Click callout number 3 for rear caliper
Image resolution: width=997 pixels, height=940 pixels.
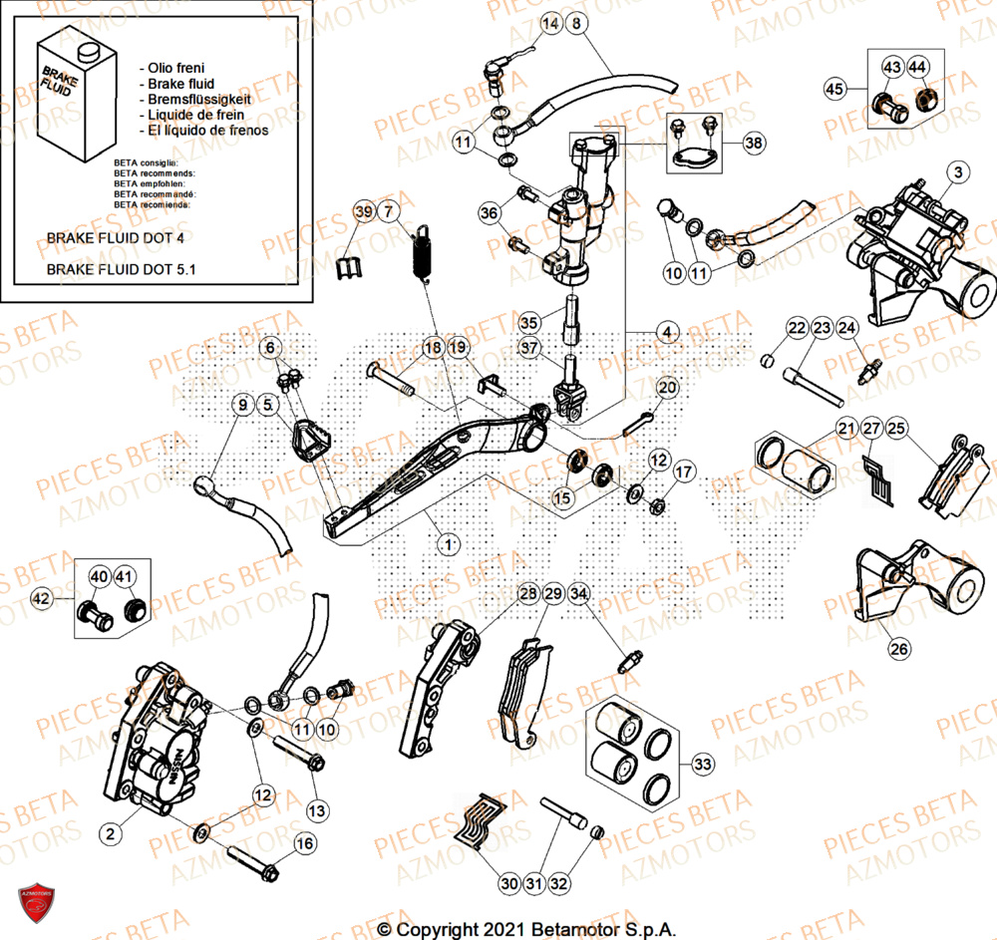(x=957, y=173)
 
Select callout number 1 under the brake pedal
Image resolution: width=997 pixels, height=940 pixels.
(x=449, y=544)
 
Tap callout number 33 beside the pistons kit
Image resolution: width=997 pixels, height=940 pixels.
(x=704, y=765)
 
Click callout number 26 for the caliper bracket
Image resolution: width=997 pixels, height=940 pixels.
(x=898, y=650)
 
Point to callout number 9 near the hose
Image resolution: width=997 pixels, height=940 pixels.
(x=242, y=405)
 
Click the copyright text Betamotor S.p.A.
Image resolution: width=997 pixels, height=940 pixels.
(x=526, y=929)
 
